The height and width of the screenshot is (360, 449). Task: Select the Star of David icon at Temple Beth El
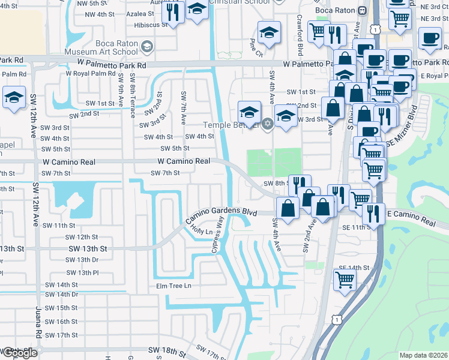point(268,124)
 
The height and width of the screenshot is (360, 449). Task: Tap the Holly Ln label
point(202,230)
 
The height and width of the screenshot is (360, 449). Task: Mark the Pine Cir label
point(256,49)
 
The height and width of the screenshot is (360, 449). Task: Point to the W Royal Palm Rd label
point(89,74)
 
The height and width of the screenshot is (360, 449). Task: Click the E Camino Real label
point(411,222)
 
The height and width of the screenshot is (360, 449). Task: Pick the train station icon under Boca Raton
point(362,11)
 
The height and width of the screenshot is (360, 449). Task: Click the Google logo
point(20,353)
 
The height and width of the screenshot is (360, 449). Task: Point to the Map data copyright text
point(423,355)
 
